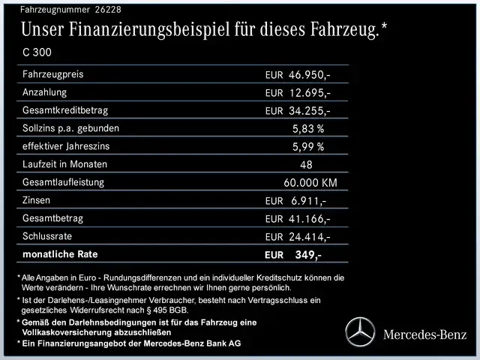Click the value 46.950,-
click(310, 75)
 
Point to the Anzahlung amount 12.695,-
click(310, 93)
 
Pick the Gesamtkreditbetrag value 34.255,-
click(310, 111)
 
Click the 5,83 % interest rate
click(307, 129)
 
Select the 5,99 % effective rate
click(307, 147)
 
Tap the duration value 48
click(307, 165)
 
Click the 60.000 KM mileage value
click(310, 183)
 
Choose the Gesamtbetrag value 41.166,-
click(310, 219)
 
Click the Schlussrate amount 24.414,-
click(310, 237)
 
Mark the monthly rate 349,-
click(308, 255)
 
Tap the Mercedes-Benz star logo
click(359, 331)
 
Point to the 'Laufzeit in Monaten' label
click(65, 164)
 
